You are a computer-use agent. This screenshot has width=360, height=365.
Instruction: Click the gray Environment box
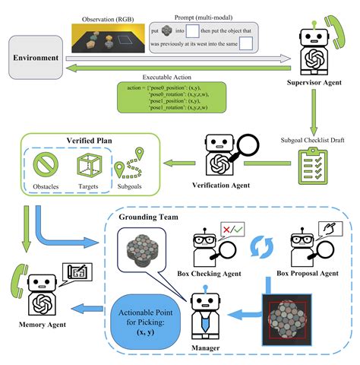(36, 57)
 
